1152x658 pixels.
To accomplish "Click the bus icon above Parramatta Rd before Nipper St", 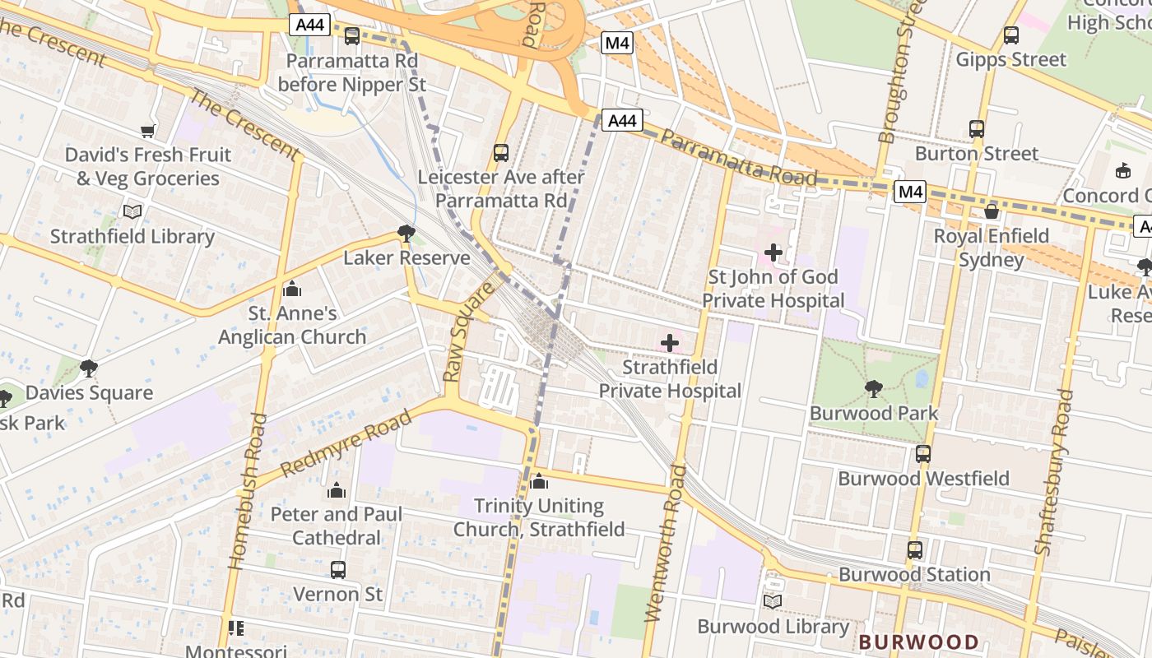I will (352, 36).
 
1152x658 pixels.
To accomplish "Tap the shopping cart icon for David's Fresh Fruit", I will (148, 131).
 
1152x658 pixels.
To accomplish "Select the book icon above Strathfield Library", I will (132, 211).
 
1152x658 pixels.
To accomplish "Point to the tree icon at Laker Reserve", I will (406, 234).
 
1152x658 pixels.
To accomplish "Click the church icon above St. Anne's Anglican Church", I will (291, 289).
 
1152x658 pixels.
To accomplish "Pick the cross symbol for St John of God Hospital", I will (773, 253).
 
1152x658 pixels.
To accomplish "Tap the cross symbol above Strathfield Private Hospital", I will (670, 342).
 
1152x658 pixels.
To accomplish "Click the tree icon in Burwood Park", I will (874, 388).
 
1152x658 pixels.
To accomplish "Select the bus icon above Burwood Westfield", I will (923, 453).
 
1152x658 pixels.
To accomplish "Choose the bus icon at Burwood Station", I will (915, 549).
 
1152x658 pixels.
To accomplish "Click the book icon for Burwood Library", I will (772, 602).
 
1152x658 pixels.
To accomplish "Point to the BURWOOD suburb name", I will (919, 642).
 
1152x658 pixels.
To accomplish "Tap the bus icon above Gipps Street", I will (1011, 35).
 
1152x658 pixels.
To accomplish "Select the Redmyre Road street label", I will (346, 445).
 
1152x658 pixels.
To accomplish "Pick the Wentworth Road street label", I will (665, 543).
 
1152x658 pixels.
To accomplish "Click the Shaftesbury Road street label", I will (1054, 482).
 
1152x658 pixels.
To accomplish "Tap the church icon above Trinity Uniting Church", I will (539, 481).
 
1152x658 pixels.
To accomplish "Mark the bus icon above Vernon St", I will (337, 569).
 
